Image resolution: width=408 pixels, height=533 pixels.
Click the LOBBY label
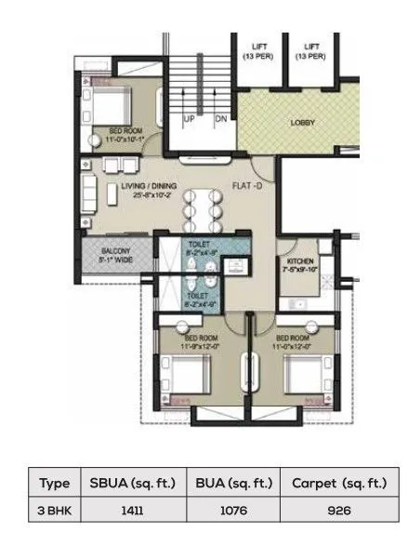point(303,121)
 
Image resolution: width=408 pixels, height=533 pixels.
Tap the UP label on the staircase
point(188,120)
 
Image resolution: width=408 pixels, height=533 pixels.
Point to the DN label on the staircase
point(221,120)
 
